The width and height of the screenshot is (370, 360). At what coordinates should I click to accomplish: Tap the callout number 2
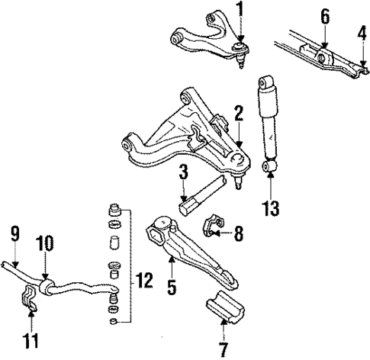point(239,115)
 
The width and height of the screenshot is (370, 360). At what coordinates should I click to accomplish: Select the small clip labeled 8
point(214,227)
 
